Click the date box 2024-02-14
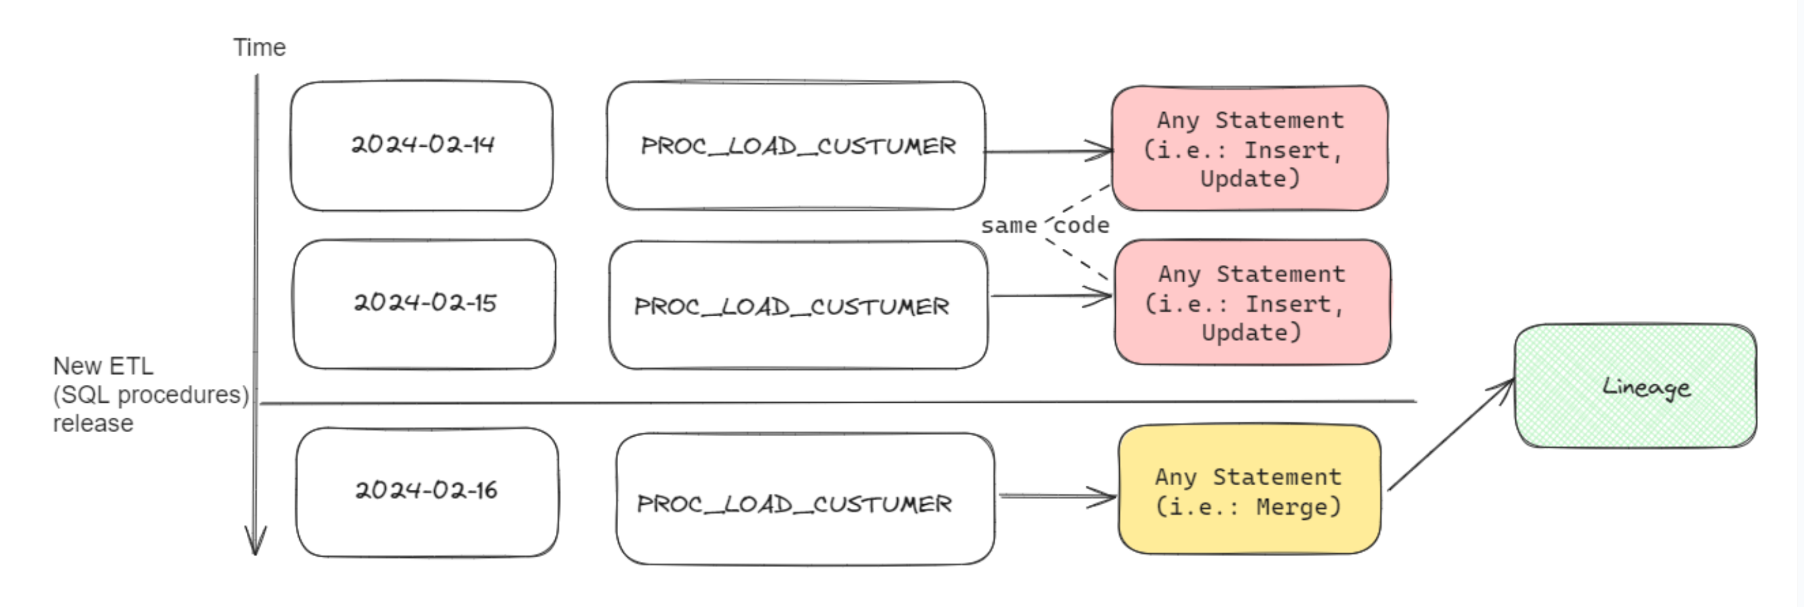coord(422,145)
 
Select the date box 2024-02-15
coord(424,304)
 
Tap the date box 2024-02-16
coord(426,491)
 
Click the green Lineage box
coord(1634,386)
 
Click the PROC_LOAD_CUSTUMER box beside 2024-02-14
coord(796,145)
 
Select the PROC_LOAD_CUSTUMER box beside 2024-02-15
coord(798,306)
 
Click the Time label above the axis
coord(259,48)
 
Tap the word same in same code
coord(1008,226)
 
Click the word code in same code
coord(1082,226)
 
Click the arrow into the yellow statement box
coord(1057,497)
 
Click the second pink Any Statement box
coord(1252,303)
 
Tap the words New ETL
coord(103,366)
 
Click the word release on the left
coord(92,424)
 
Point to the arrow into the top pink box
coord(1048,151)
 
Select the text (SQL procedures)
coord(151,395)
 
